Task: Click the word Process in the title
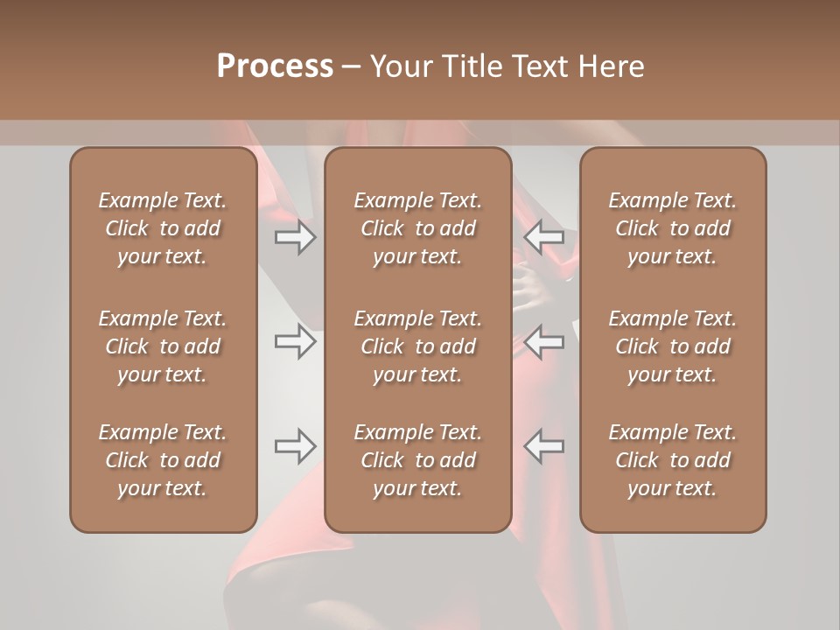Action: point(275,66)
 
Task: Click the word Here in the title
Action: point(611,66)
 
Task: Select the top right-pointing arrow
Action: point(295,237)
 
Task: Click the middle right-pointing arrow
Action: point(295,341)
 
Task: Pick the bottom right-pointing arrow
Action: point(295,446)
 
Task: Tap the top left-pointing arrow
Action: point(544,237)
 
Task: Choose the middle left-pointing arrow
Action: point(544,341)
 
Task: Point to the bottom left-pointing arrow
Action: point(544,446)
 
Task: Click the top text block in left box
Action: point(163,228)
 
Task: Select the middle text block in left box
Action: point(163,346)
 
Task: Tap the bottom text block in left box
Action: point(163,460)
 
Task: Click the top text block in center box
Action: point(417,228)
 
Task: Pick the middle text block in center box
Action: point(417,346)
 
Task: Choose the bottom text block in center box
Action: point(417,460)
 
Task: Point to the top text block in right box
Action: point(673,228)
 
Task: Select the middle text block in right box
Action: point(673,346)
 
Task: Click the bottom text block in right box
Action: point(673,460)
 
